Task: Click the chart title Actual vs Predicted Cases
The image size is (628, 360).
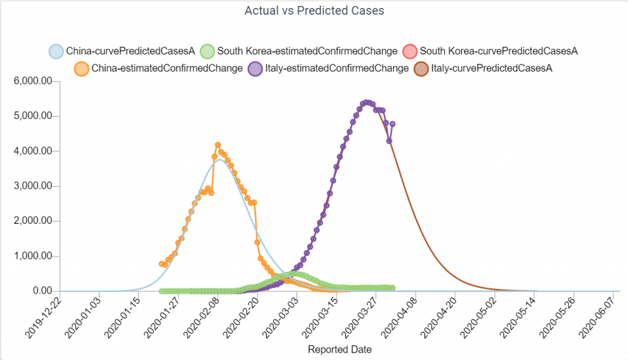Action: click(x=315, y=10)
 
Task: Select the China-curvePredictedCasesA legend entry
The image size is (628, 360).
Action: click(x=122, y=52)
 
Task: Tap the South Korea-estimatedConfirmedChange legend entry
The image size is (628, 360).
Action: click(x=299, y=52)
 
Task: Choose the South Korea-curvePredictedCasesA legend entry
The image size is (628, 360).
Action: click(x=490, y=52)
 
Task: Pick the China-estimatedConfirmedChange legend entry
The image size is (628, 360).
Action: click(x=159, y=69)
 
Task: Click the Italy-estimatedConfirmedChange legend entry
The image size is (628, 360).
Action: click(x=328, y=69)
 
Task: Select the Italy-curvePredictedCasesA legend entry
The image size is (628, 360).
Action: click(x=483, y=69)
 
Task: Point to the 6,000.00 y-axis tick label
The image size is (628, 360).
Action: click(x=33, y=81)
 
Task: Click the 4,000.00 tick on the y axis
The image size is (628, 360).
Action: click(x=33, y=151)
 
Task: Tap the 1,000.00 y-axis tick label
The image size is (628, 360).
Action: click(x=33, y=256)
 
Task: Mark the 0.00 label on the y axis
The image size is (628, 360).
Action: click(x=42, y=291)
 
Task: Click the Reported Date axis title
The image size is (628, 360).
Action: click(x=340, y=350)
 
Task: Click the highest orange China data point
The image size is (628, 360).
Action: click(x=218, y=145)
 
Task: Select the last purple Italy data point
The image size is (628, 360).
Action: click(x=392, y=124)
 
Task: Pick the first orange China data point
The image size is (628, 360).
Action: click(x=161, y=264)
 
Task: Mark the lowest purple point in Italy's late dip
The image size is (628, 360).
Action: click(x=389, y=141)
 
